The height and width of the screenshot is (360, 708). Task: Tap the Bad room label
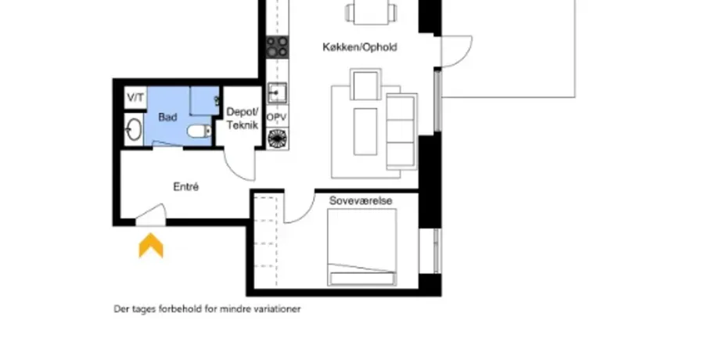pos(167,117)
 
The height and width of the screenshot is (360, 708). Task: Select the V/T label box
pos(135,98)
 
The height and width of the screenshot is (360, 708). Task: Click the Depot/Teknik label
pos(242,118)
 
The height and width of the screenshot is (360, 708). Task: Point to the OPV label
pos(276,117)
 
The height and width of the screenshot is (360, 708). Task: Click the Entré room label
pos(186,186)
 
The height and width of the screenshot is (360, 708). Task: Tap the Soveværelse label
pos(361,200)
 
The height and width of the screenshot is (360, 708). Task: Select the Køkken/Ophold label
pos(360,47)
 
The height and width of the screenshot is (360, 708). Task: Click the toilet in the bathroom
pos(199,131)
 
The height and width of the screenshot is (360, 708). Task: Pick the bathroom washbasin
pos(133,130)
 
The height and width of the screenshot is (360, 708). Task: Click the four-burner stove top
pos(277,47)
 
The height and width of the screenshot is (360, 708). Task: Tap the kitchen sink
pos(276,93)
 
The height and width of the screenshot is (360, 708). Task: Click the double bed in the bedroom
pos(362,247)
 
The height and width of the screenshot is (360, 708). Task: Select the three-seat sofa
pos(401,131)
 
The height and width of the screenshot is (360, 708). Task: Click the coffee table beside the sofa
pos(365,131)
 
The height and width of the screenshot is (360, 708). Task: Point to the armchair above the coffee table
pos(366,84)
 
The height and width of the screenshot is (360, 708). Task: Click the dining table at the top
pos(371,12)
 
